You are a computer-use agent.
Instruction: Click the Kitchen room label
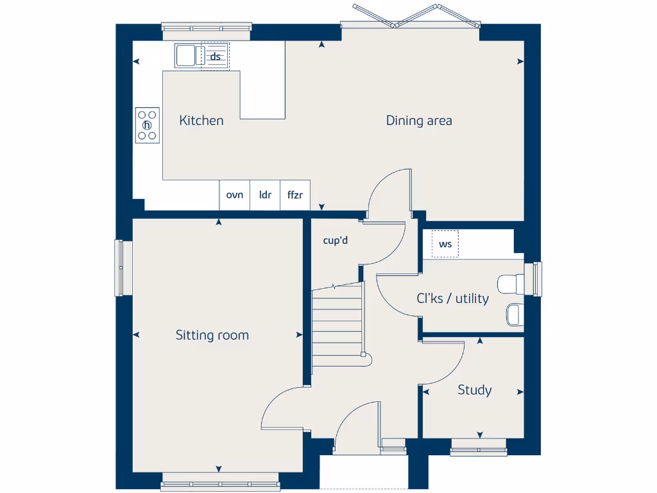tap(201, 121)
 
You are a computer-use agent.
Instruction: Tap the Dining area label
tap(418, 121)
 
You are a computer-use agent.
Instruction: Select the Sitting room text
tap(212, 335)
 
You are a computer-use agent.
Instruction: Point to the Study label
tap(474, 390)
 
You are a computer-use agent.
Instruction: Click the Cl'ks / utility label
tap(452, 298)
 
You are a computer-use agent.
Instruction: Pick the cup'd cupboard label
tap(335, 241)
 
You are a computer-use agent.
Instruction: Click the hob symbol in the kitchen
tap(148, 125)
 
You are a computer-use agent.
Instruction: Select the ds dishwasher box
tap(216, 57)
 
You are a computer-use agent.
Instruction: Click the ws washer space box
tap(445, 244)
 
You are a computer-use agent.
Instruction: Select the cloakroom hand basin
tap(514, 314)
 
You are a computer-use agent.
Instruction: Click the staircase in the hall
tap(337, 327)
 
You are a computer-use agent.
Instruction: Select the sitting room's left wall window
tap(119, 268)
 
